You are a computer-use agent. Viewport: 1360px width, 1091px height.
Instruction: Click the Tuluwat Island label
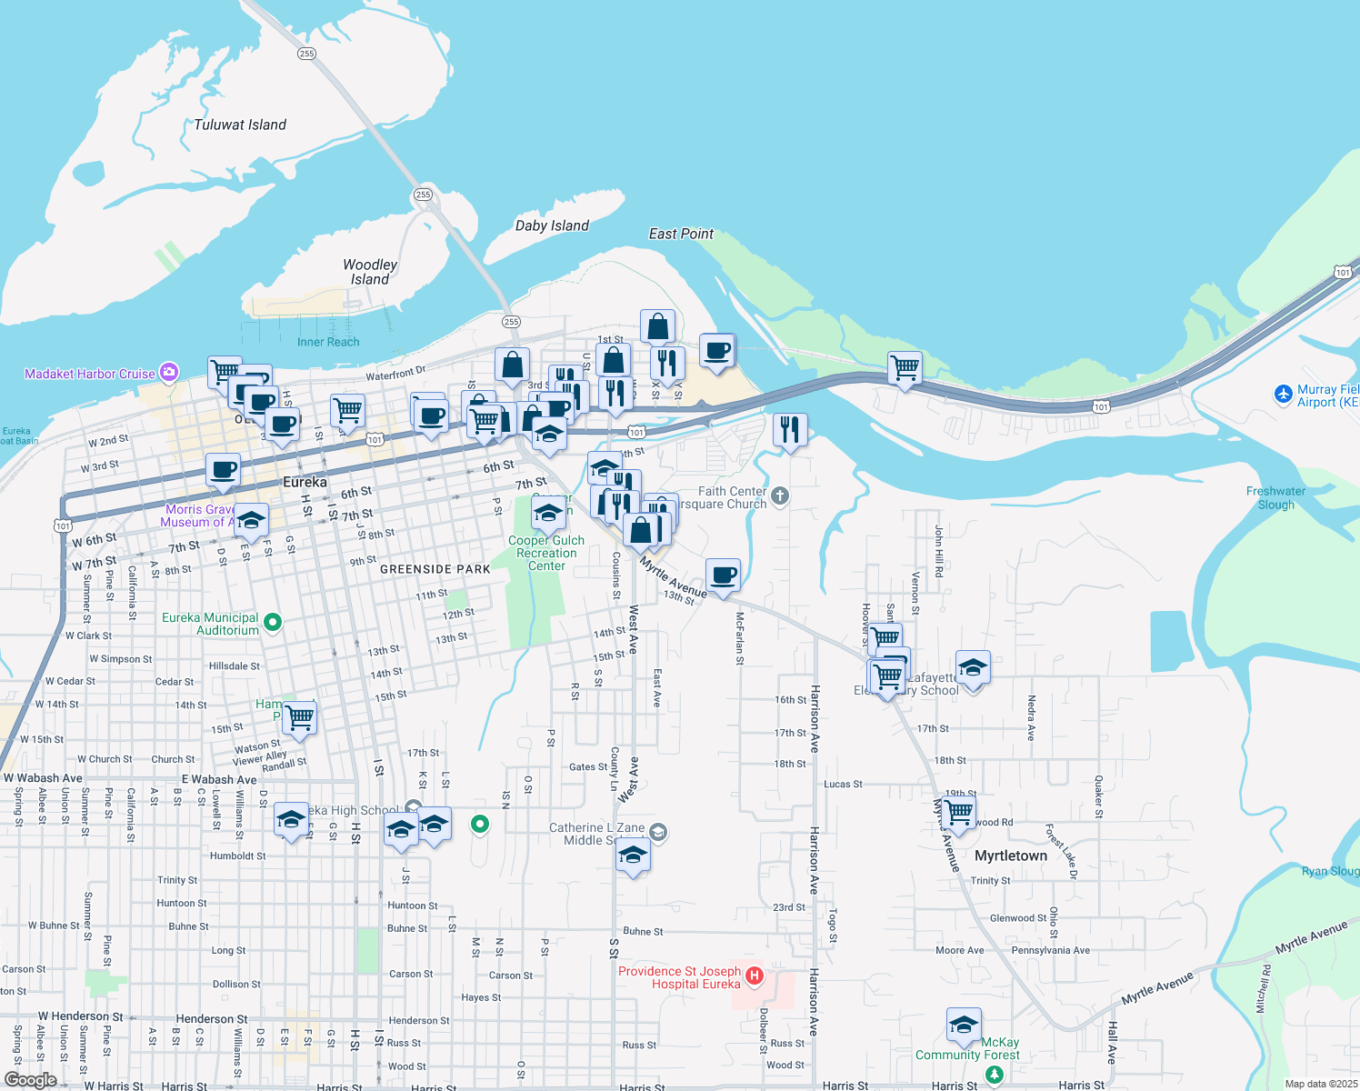240,125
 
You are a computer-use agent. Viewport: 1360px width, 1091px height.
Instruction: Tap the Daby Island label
552,225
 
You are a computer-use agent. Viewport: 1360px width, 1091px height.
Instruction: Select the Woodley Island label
370,272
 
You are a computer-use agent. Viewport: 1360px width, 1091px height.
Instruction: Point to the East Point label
681,234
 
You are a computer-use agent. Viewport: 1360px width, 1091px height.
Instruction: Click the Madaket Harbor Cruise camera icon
168,373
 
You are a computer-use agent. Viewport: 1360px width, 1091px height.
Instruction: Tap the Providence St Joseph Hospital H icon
754,976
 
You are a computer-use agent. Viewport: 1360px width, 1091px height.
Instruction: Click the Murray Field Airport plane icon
1283,394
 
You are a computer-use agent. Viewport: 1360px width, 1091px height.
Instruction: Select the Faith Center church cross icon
780,496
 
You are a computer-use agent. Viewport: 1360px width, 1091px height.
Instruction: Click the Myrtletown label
1011,856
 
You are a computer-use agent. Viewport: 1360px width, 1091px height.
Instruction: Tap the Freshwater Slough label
1275,497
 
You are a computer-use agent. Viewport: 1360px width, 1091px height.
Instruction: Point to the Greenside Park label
435,569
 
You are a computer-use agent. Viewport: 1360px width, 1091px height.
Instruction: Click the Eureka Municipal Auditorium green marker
272,623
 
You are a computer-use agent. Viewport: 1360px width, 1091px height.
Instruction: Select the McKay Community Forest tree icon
995,1075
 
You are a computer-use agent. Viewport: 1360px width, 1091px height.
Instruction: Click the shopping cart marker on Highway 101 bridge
905,368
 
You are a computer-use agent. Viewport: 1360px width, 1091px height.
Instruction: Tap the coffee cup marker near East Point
717,350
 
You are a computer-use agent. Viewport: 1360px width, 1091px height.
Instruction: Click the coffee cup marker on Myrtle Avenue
723,575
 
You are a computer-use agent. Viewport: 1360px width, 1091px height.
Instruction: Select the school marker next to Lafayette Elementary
972,668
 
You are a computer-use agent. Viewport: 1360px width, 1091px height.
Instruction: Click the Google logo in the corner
30,1080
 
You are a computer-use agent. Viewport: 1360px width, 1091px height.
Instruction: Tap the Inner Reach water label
328,342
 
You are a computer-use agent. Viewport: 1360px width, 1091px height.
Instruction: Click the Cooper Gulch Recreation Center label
546,553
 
